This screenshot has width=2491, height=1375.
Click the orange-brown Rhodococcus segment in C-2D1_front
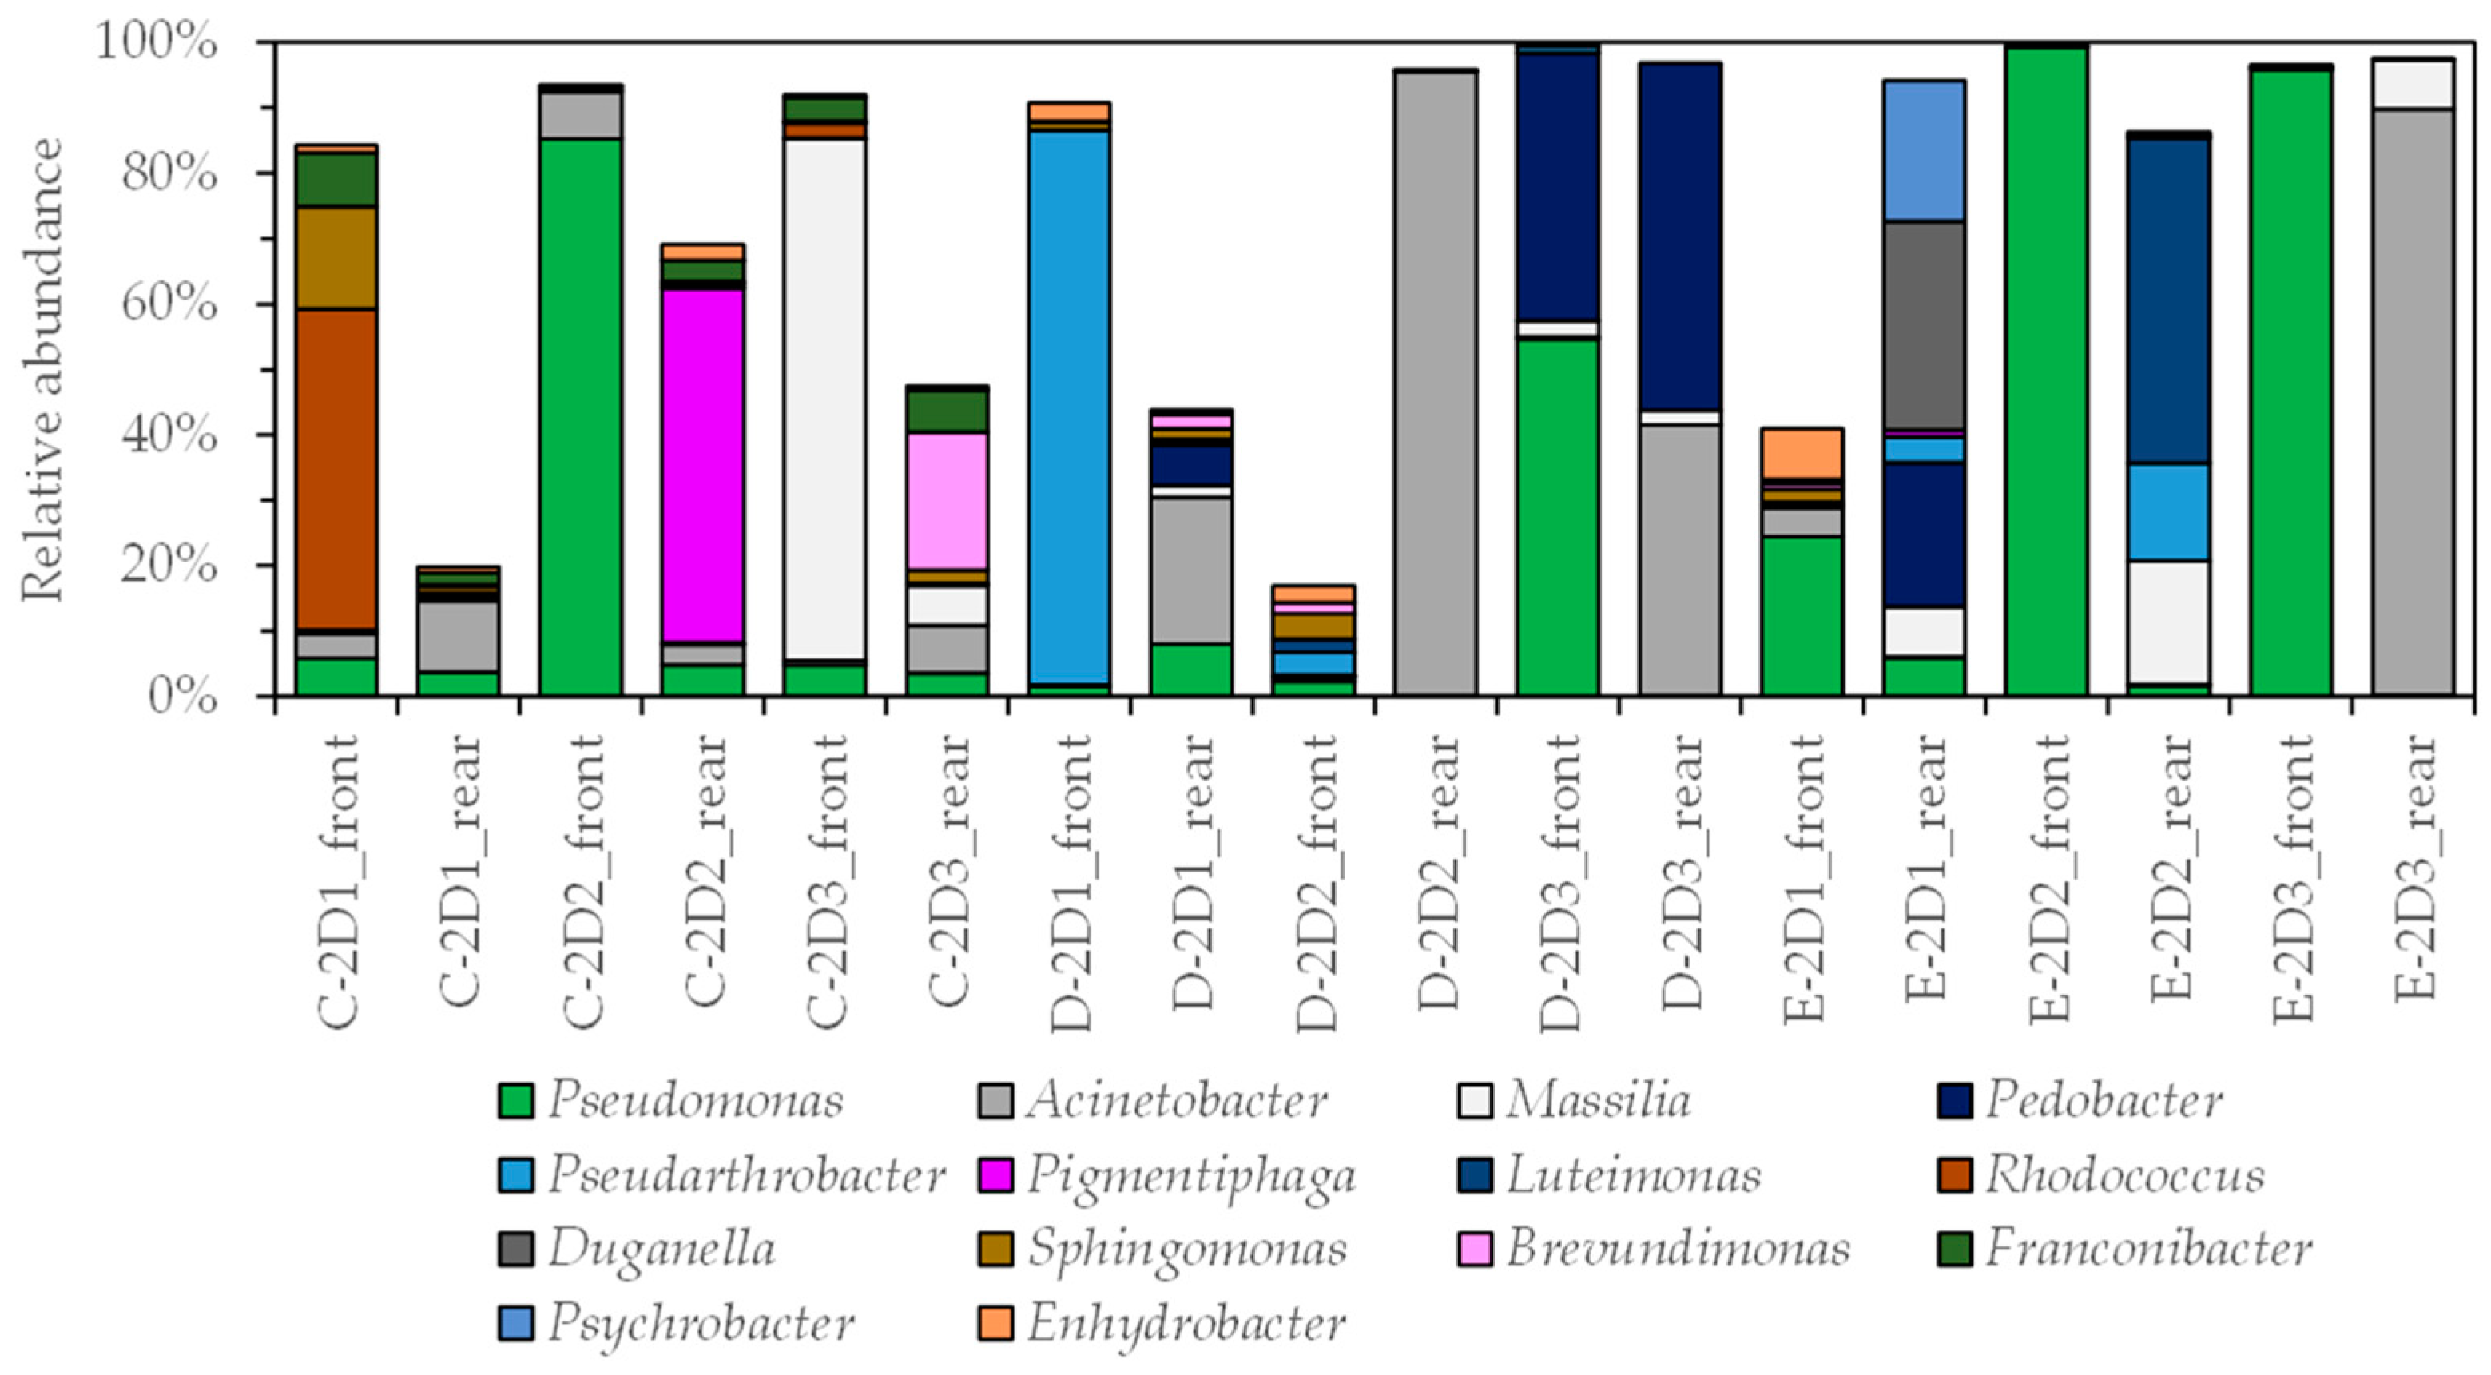[336, 469]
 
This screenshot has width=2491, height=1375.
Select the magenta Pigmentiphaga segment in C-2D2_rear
[703, 464]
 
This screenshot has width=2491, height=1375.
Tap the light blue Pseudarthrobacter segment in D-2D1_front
[1070, 406]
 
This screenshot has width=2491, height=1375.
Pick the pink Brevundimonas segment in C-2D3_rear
[947, 501]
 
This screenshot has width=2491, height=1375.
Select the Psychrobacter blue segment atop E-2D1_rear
[1925, 151]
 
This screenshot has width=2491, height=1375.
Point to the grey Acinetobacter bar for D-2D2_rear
[1436, 382]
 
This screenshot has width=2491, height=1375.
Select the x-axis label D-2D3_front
[1558, 880]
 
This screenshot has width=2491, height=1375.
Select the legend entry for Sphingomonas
[1186, 1248]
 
